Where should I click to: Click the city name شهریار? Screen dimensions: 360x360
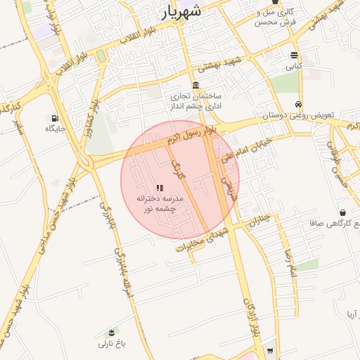(182, 12)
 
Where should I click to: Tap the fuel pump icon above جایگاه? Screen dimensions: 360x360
(55, 118)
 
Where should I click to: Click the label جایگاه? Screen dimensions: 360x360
(55, 129)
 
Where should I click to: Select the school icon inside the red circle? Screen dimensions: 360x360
(160, 188)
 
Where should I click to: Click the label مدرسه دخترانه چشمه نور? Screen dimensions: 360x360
(160, 204)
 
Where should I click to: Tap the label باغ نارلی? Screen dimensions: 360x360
(110, 344)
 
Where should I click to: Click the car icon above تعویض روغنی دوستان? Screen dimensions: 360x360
(299, 103)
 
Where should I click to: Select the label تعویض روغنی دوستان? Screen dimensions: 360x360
(298, 114)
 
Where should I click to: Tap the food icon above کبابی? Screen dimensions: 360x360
(294, 56)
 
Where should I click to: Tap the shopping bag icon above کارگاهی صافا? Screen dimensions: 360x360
(342, 212)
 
